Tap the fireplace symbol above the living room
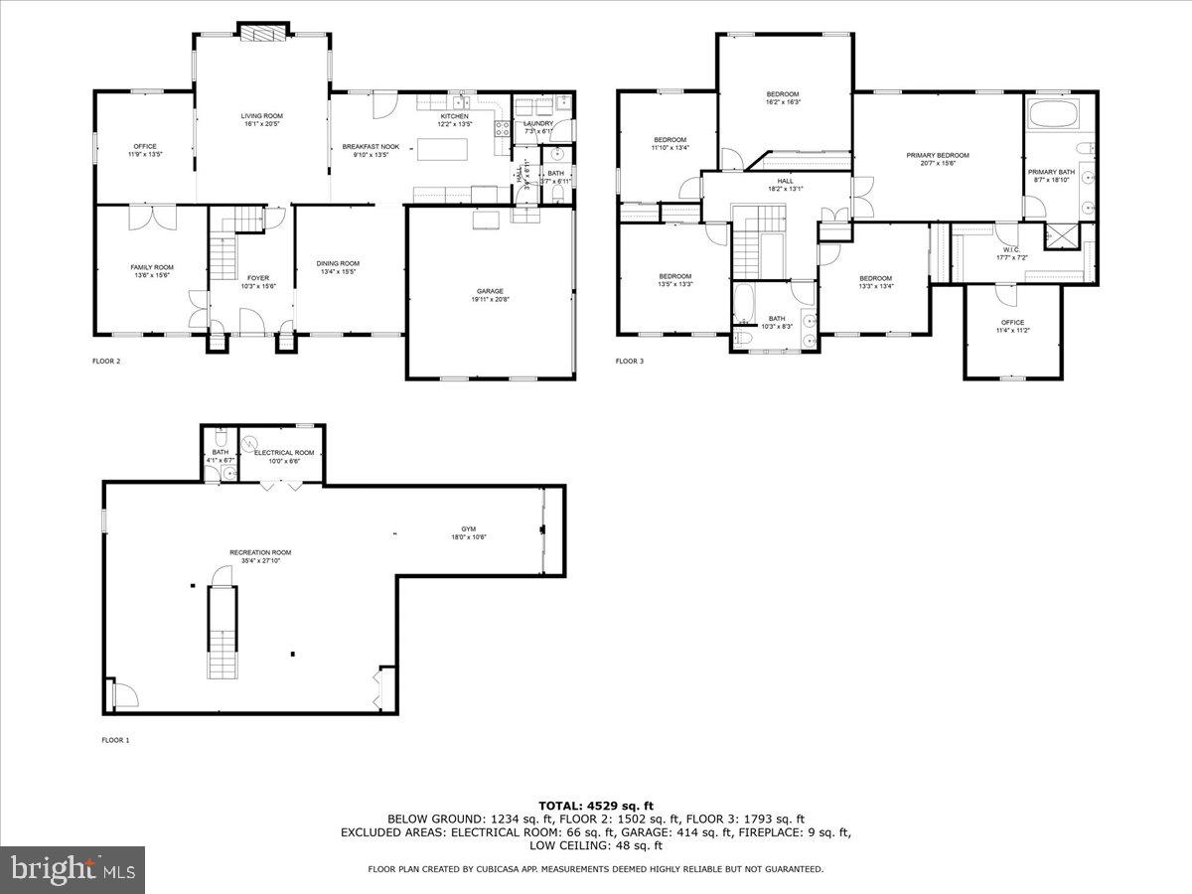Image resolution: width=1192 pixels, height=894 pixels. [x=262, y=34]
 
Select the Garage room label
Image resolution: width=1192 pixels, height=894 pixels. [x=489, y=291]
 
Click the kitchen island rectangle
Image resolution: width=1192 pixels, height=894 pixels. [x=440, y=150]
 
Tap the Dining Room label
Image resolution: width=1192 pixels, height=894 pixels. [x=338, y=263]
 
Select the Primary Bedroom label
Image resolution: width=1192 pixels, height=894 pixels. [x=937, y=156]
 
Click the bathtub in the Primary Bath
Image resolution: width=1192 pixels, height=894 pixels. [x=1058, y=113]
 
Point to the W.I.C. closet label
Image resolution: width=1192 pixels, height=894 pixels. [x=1010, y=250]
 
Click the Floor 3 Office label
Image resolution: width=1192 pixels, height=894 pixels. [x=1012, y=322]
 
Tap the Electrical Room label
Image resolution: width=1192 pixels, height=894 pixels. [x=283, y=453]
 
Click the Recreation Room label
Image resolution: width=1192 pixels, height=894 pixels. [x=260, y=552]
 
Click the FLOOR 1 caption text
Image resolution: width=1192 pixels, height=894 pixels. [x=115, y=740]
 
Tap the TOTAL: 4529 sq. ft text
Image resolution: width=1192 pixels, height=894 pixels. [x=596, y=805]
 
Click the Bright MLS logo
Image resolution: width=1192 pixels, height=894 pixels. [x=73, y=869]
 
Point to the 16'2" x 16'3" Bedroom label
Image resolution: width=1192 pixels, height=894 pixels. [x=783, y=94]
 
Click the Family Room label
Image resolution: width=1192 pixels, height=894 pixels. [x=152, y=267]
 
